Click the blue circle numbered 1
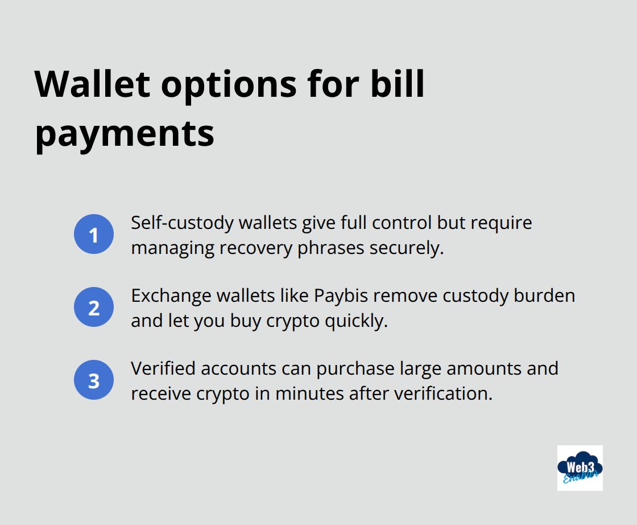click(94, 235)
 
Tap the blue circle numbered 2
click(94, 307)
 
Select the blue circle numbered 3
click(94, 380)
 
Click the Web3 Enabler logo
click(580, 467)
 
